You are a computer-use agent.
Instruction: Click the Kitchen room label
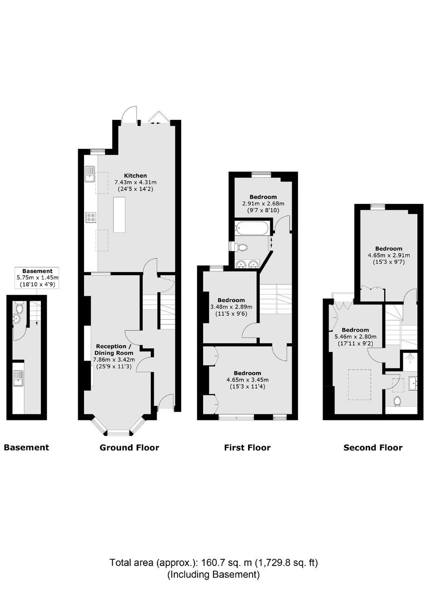click(x=135, y=175)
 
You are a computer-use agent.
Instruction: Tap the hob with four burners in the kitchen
click(x=91, y=217)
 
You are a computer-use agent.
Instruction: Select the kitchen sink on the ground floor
click(x=90, y=174)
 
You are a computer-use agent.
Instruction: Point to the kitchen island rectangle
click(x=119, y=215)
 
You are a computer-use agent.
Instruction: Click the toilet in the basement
click(x=19, y=308)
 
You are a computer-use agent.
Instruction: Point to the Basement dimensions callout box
click(x=37, y=278)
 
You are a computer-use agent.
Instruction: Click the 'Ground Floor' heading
click(x=129, y=447)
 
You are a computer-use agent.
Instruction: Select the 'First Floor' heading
click(x=247, y=447)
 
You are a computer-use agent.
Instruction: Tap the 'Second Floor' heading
click(x=372, y=447)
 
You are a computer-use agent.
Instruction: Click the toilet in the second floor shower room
click(x=397, y=402)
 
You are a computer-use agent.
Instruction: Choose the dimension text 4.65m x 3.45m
click(x=248, y=380)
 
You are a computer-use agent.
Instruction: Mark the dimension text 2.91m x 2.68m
click(x=263, y=204)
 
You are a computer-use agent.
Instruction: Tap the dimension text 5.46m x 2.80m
click(x=355, y=337)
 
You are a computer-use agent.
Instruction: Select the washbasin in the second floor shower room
click(x=413, y=383)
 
